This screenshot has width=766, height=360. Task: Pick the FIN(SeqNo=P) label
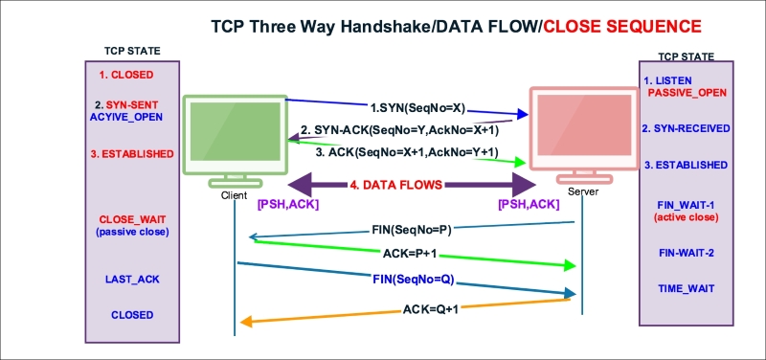click(409, 231)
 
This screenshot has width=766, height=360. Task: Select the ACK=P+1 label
click(410, 254)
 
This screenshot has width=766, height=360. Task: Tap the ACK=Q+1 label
click(410, 310)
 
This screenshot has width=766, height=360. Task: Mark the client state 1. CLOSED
click(126, 74)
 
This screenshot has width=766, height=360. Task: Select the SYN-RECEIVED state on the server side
click(686, 127)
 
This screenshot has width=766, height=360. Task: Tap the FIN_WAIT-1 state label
click(686, 203)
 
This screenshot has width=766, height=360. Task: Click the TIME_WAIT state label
click(685, 287)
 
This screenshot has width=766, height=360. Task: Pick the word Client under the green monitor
click(234, 194)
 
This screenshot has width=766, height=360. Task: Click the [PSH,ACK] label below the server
click(529, 203)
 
